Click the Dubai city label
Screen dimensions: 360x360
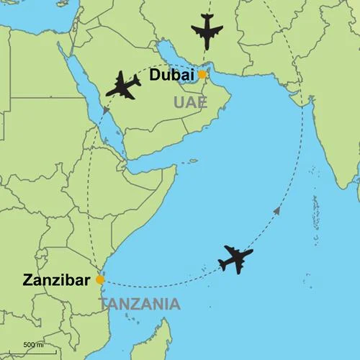tap(172, 76)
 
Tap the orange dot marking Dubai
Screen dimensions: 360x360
tap(203, 74)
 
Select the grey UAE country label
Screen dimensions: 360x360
tap(190, 104)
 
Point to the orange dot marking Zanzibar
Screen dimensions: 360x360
tap(100, 279)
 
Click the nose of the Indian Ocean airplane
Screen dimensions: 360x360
tap(252, 252)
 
